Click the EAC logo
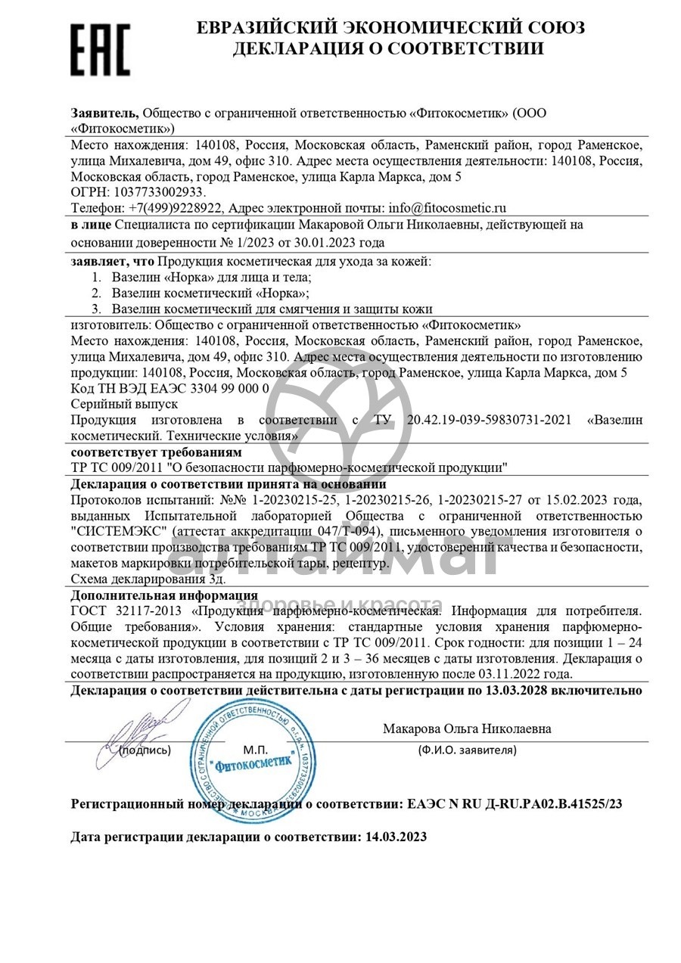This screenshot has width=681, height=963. pyautogui.click(x=101, y=49)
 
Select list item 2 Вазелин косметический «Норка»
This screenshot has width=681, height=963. pyautogui.click(x=210, y=293)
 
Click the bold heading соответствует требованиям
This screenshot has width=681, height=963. pyautogui.click(x=156, y=452)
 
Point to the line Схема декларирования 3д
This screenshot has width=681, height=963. pyautogui.click(x=133, y=579)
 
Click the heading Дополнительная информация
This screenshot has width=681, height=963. pyautogui.click(x=163, y=595)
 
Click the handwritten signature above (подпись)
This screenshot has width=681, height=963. pyautogui.click(x=140, y=727)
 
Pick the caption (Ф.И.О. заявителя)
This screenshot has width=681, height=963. pyautogui.click(x=467, y=750)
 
